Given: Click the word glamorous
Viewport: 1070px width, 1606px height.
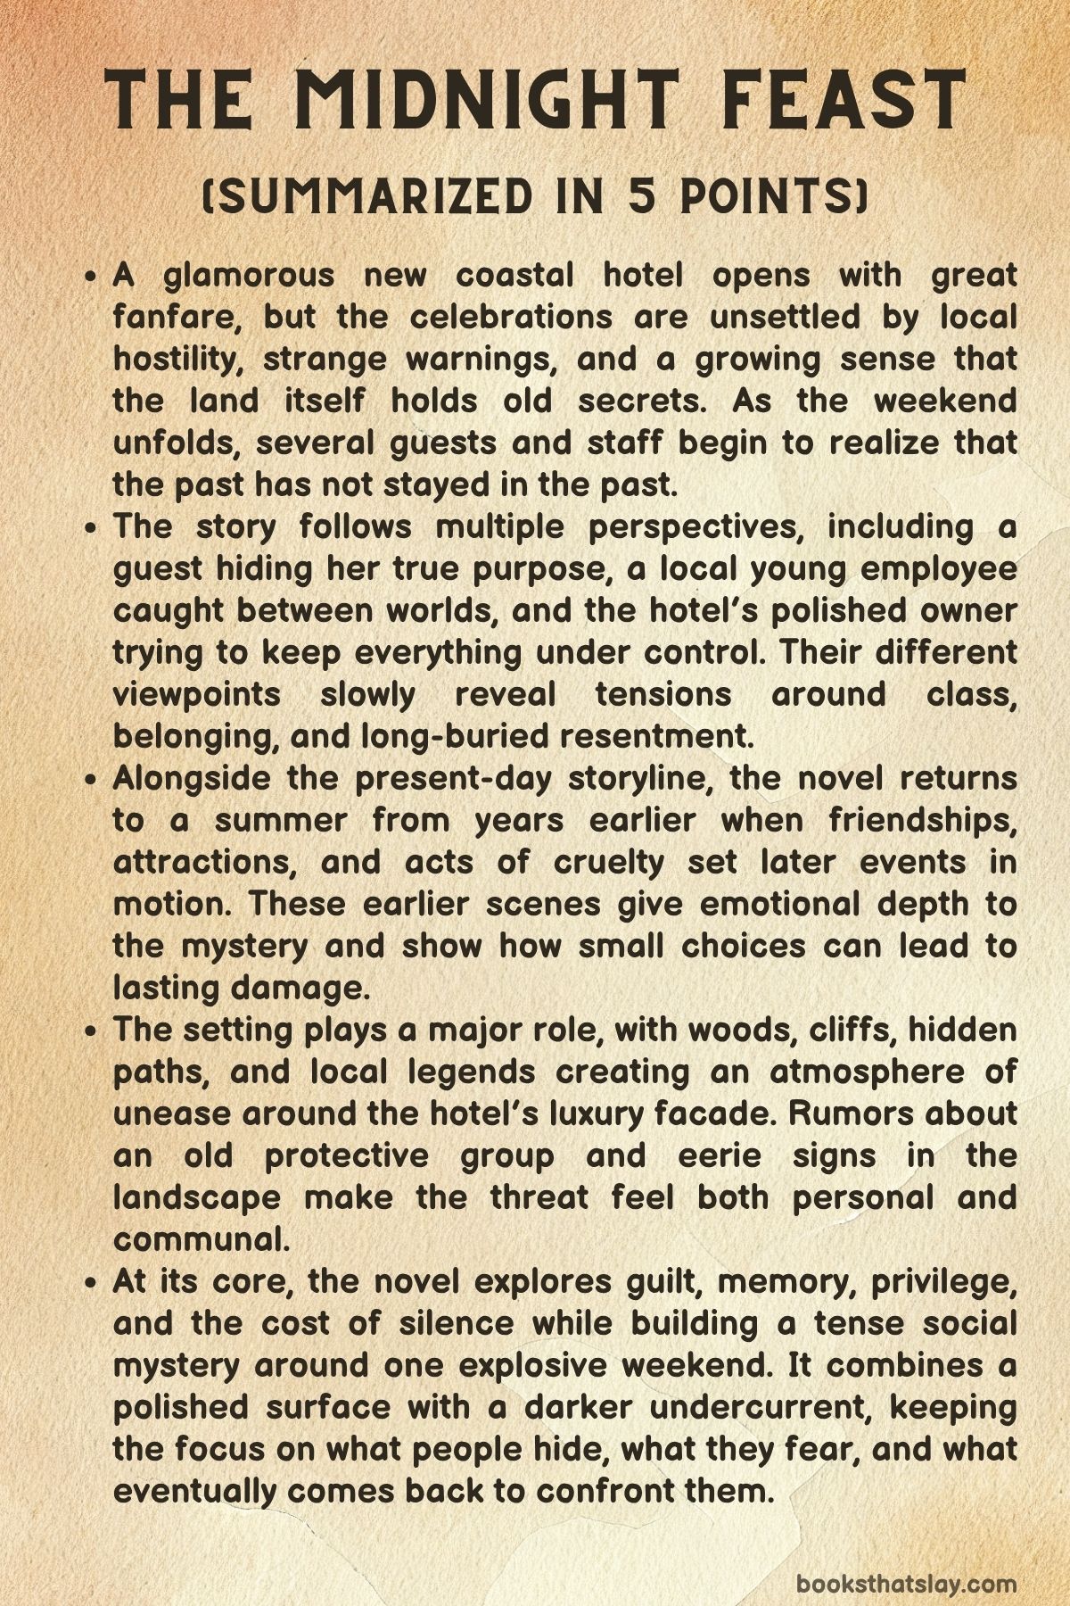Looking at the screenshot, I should (x=249, y=276).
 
